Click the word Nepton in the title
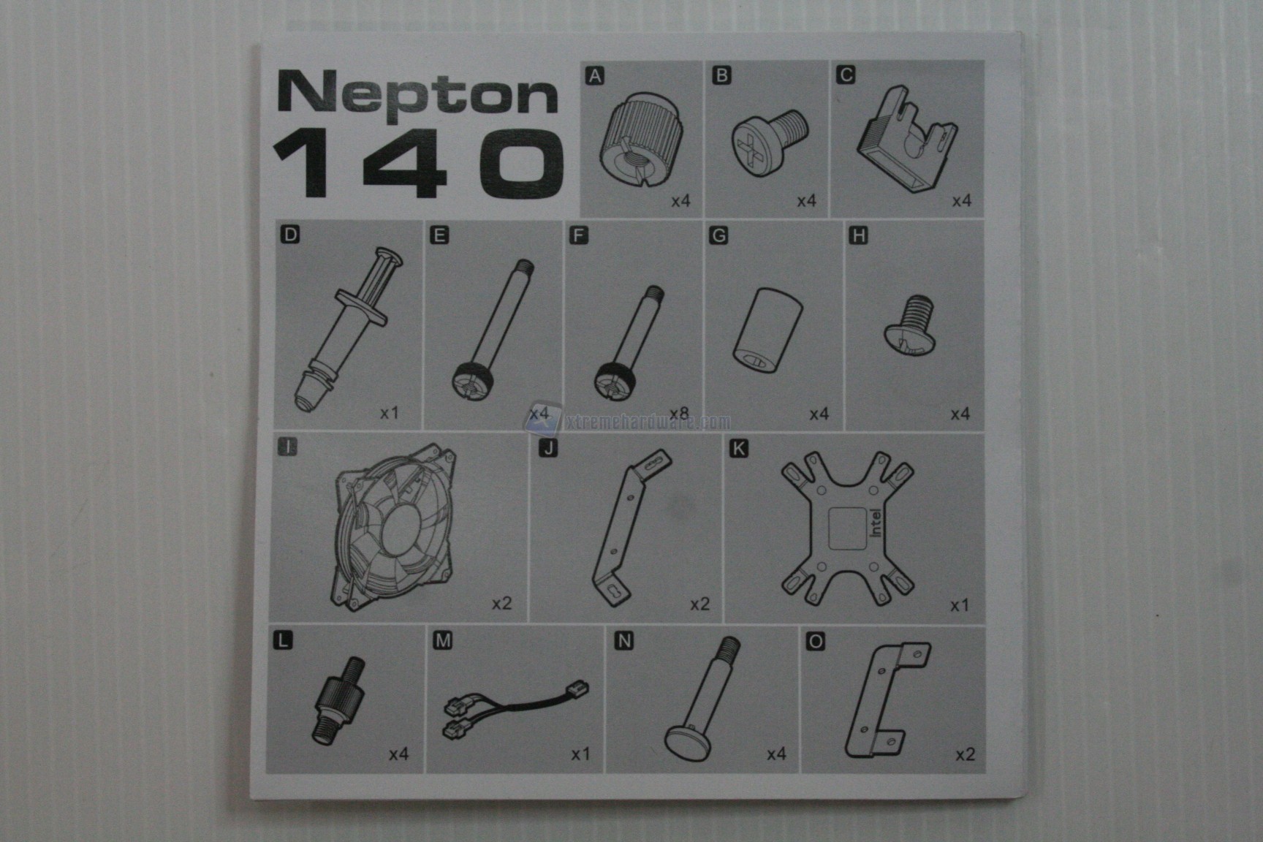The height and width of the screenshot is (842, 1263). click(x=417, y=93)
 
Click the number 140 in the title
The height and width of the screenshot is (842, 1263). click(x=418, y=163)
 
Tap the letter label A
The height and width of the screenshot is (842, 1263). click(x=596, y=75)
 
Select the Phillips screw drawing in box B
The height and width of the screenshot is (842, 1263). click(x=769, y=140)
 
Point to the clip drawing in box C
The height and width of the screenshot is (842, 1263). click(x=907, y=139)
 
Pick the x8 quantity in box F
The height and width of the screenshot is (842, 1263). click(x=679, y=414)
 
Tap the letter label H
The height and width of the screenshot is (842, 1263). click(x=858, y=235)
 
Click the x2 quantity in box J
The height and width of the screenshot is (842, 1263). click(x=700, y=604)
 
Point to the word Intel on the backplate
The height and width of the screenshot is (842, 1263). click(x=876, y=522)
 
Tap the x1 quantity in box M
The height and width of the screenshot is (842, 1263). click(x=580, y=754)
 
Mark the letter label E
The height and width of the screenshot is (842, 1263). click(x=439, y=235)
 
